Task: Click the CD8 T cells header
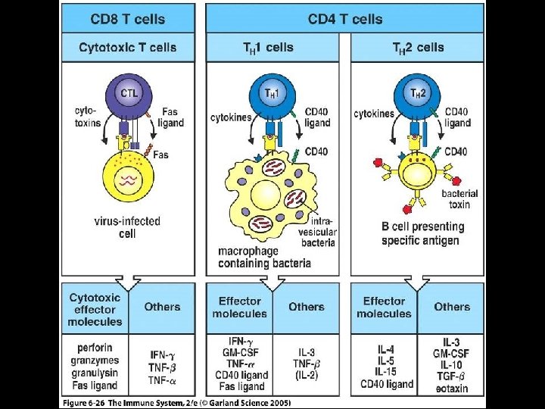[128, 18]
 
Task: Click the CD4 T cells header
[345, 18]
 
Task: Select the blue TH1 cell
[269, 93]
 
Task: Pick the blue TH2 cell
[416, 93]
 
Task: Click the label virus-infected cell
[128, 227]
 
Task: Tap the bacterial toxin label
[460, 198]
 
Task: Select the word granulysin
[95, 374]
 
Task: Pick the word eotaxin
[452, 389]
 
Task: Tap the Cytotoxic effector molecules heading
[95, 308]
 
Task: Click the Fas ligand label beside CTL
[170, 117]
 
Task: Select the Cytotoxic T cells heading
[128, 47]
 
